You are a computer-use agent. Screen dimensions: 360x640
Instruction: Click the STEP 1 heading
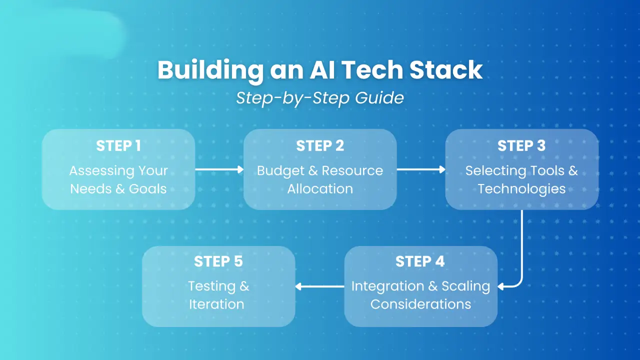(118, 145)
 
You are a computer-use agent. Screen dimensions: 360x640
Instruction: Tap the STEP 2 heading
(320, 145)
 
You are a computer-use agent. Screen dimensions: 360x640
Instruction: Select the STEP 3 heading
(521, 145)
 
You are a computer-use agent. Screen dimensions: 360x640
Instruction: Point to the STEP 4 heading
(420, 261)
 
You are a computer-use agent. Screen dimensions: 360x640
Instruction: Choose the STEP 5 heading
(218, 261)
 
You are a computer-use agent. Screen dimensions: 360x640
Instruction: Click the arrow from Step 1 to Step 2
(219, 169)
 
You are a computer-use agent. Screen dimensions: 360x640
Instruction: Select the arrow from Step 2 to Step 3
(421, 169)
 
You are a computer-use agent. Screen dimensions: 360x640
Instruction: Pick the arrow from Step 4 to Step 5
(320, 286)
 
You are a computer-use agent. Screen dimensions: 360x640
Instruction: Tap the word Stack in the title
(446, 70)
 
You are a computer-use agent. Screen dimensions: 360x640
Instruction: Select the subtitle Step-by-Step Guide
(320, 97)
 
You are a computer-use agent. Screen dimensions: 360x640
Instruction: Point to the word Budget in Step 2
(280, 170)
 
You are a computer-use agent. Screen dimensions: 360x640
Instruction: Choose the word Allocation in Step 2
(320, 188)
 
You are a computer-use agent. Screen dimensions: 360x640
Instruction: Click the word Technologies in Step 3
(521, 188)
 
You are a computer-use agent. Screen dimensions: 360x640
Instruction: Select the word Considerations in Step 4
(420, 304)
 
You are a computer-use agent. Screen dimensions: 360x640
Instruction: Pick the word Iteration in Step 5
(216, 304)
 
